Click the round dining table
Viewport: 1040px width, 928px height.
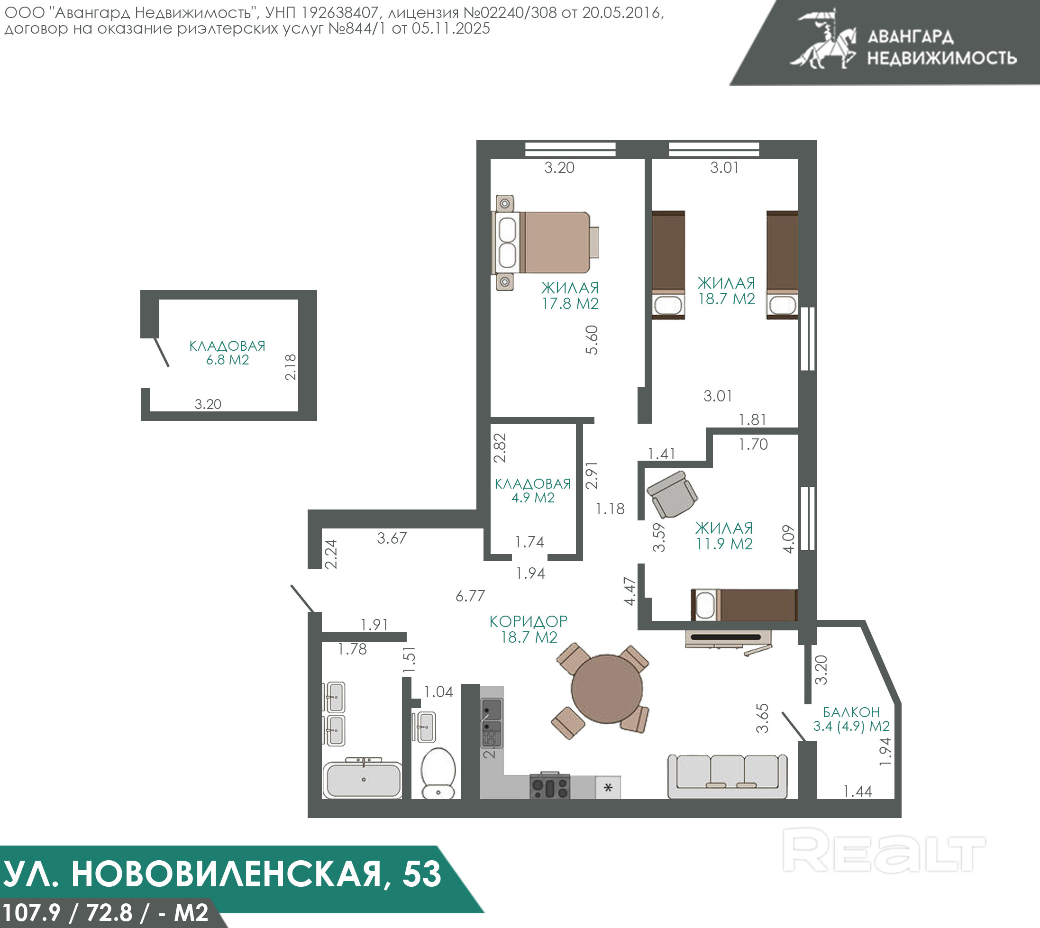coord(606,689)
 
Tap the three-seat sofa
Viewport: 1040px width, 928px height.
coord(727,776)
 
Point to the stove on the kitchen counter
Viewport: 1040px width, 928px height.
coord(550,786)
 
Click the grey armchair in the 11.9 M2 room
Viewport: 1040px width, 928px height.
coord(672,494)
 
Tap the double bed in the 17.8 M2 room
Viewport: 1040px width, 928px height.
coord(545,243)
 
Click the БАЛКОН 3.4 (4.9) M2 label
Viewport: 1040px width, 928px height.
coord(851,719)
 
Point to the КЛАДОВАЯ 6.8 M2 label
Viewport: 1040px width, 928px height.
coord(227,352)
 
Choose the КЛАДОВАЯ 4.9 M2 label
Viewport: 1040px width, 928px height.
coord(532,491)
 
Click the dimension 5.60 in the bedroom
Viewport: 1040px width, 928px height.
coord(592,339)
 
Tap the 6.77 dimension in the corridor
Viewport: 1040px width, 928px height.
coord(470,596)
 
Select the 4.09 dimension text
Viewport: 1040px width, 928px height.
coord(789,539)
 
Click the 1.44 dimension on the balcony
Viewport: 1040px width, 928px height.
coord(858,792)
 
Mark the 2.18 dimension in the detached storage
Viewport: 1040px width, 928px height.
coord(290,367)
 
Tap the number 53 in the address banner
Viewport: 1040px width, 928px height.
coord(422,874)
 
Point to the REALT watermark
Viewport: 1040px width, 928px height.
coord(884,850)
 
